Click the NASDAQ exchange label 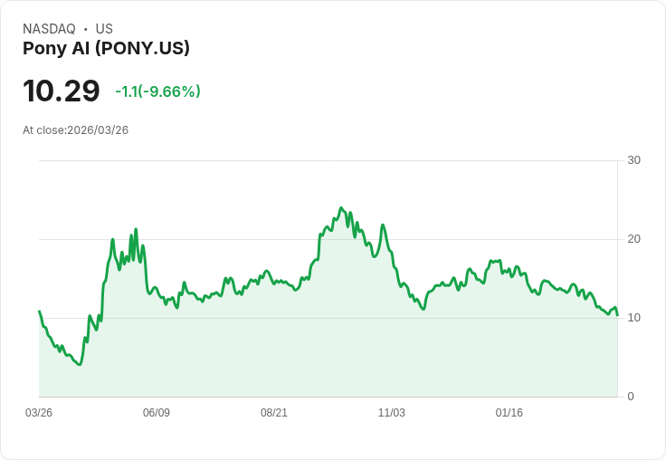click(x=49, y=29)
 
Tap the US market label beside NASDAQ click(x=104, y=29)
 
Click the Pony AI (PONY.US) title click(x=106, y=49)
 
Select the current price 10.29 click(x=61, y=91)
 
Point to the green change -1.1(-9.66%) click(x=157, y=91)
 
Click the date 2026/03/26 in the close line click(x=98, y=130)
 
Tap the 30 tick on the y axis click(x=633, y=160)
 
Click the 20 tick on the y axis click(x=633, y=239)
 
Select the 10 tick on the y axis click(x=633, y=318)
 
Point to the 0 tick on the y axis click(x=631, y=397)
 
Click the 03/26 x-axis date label click(x=39, y=413)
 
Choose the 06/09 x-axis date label click(x=157, y=413)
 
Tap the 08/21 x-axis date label click(x=274, y=413)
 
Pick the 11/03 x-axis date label click(x=392, y=413)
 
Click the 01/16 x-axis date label click(x=509, y=413)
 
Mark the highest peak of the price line click(x=341, y=207)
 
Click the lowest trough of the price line click(x=80, y=364)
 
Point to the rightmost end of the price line click(x=617, y=315)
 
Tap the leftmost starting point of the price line click(x=39, y=311)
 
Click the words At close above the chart click(x=43, y=130)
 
